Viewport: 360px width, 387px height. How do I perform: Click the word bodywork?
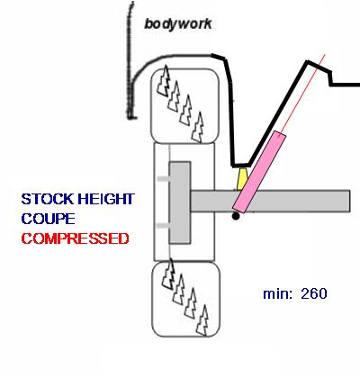click(x=178, y=24)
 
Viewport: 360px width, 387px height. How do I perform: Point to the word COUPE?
click(x=48, y=219)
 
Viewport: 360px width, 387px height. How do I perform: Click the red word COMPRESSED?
click(x=75, y=238)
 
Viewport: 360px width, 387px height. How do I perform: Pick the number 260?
click(x=314, y=293)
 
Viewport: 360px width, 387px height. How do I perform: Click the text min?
click(x=277, y=293)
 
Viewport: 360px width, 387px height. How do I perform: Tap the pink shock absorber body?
click(x=259, y=172)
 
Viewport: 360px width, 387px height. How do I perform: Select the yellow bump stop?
click(x=242, y=179)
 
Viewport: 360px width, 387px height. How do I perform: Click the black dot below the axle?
click(x=236, y=216)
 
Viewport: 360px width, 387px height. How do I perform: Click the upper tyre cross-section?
click(x=184, y=106)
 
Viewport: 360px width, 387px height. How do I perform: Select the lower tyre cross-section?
click(x=186, y=300)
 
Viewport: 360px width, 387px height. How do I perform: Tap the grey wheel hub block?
click(x=180, y=202)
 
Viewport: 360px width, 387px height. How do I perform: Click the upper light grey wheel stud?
click(x=163, y=179)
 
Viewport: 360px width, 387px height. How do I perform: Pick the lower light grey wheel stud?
click(x=163, y=226)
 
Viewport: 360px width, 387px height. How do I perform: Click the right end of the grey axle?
click(x=349, y=201)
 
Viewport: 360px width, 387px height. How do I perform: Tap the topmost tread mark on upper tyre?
click(x=164, y=80)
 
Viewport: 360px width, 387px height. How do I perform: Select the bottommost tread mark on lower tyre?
click(x=202, y=320)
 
